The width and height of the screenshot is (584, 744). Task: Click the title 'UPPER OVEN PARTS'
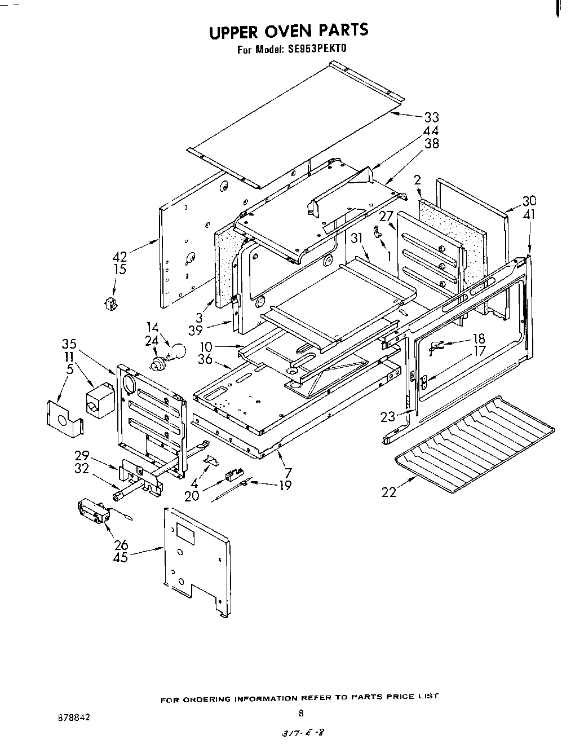[x=288, y=31]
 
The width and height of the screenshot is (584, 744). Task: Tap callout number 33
[x=431, y=118]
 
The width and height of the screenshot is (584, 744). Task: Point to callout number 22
[x=388, y=492]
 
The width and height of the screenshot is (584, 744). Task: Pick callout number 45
[x=121, y=557]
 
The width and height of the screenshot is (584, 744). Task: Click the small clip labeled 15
[x=110, y=303]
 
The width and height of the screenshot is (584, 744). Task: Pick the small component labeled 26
[x=93, y=512]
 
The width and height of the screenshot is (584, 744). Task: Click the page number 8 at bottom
[x=301, y=713]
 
